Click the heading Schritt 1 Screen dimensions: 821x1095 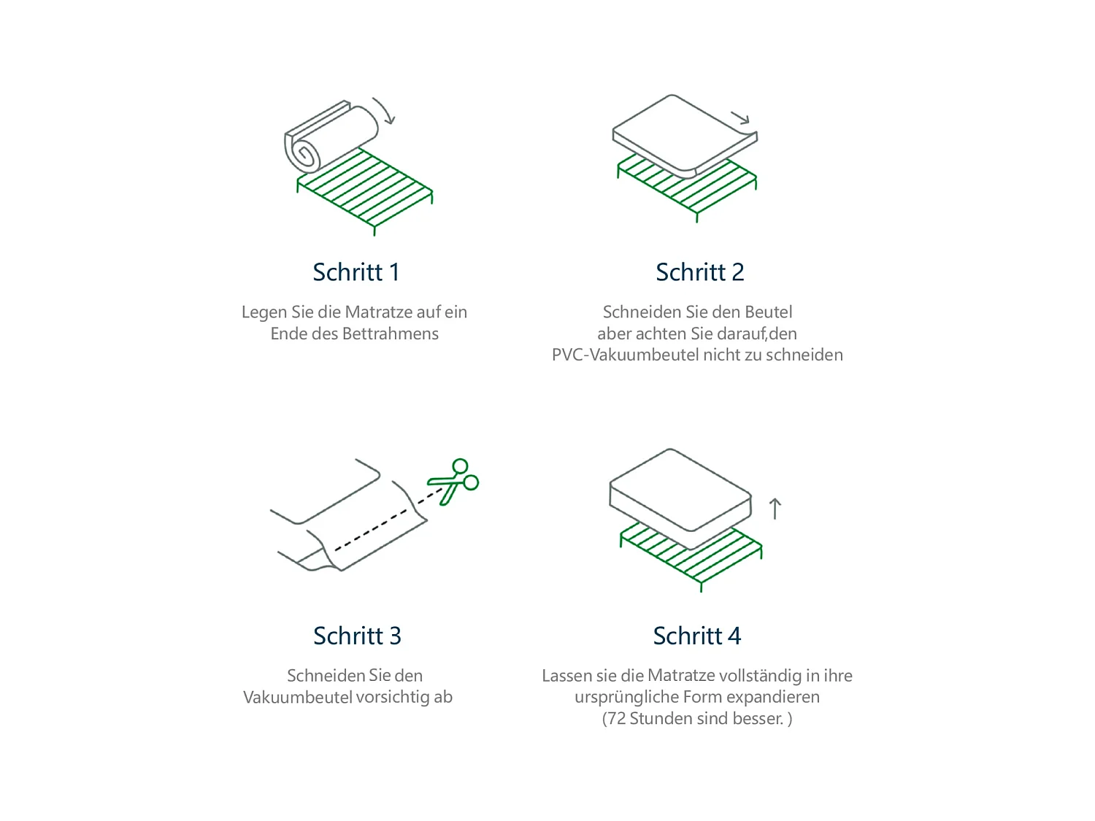pos(356,272)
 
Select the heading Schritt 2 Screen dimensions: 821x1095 pos(699,272)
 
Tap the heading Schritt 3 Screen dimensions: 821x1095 pos(357,636)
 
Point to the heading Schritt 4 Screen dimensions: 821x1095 pos(696,636)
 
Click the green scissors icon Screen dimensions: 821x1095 pos(455,482)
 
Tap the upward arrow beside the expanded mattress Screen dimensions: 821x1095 pos(775,509)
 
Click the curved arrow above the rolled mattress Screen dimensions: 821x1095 pos(385,110)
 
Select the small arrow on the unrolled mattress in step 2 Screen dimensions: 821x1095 pos(741,117)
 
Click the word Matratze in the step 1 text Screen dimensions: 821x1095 pos(378,312)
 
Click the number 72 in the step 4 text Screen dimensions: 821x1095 pos(617,719)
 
